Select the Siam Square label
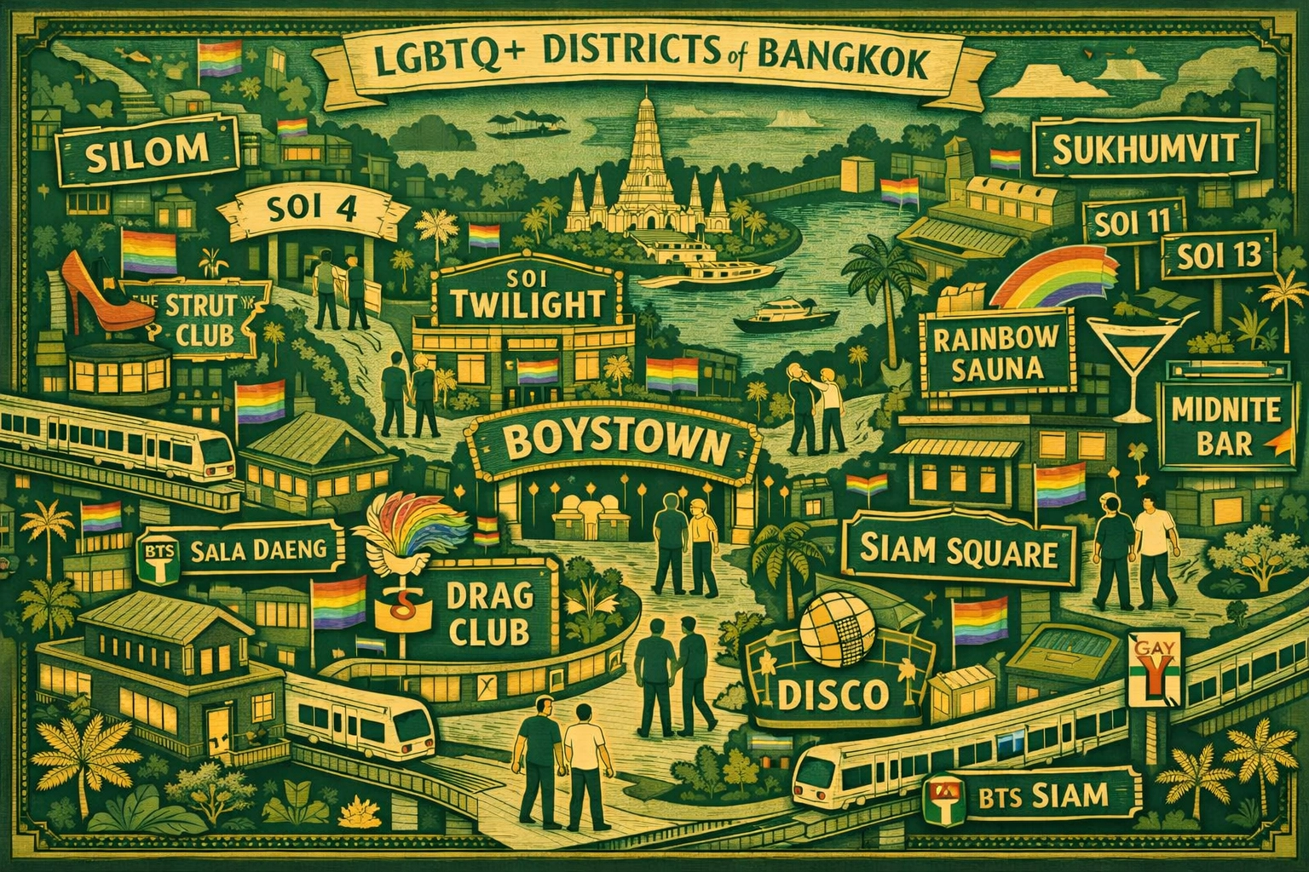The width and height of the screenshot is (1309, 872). [957, 551]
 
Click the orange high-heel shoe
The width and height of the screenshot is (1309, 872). [91, 297]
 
